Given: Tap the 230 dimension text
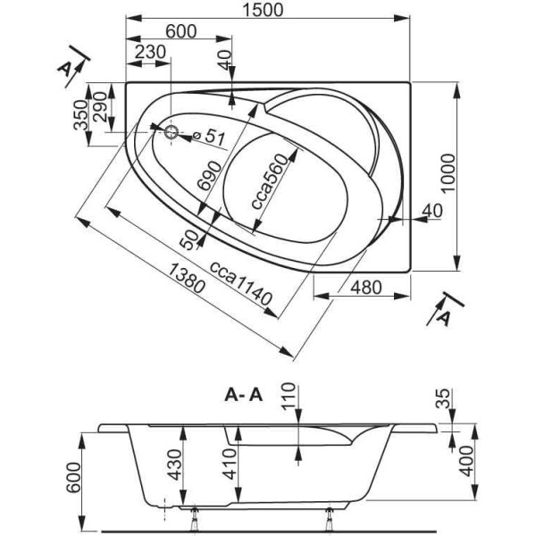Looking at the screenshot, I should click(150, 53).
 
